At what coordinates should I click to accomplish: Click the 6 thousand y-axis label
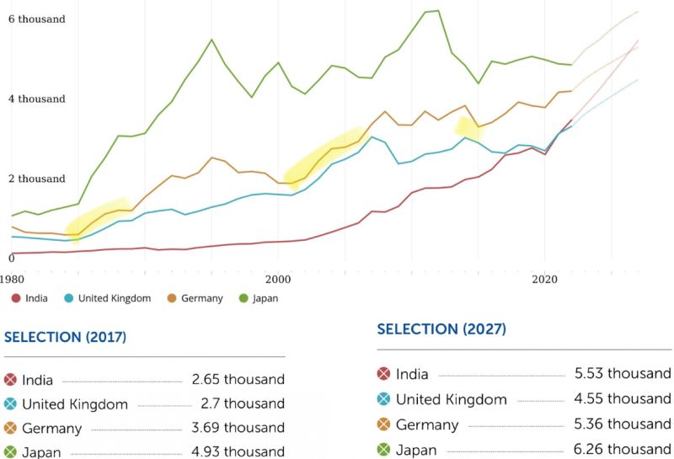pos(36,19)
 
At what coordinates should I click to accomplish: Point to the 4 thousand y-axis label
pos(36,99)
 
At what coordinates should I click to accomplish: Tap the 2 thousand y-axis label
pos(36,179)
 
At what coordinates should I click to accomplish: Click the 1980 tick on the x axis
pos(12,277)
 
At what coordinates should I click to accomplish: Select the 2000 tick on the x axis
pos(278,277)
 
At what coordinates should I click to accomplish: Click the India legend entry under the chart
pos(30,298)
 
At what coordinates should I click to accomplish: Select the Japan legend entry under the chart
pos(259,298)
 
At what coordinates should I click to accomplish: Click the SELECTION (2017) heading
pos(66,338)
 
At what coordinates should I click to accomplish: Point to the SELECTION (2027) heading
pos(441,329)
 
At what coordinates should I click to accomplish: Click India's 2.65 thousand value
pos(238,380)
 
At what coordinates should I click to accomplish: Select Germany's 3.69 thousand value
pos(238,429)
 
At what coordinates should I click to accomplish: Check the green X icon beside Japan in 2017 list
pos(11,451)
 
